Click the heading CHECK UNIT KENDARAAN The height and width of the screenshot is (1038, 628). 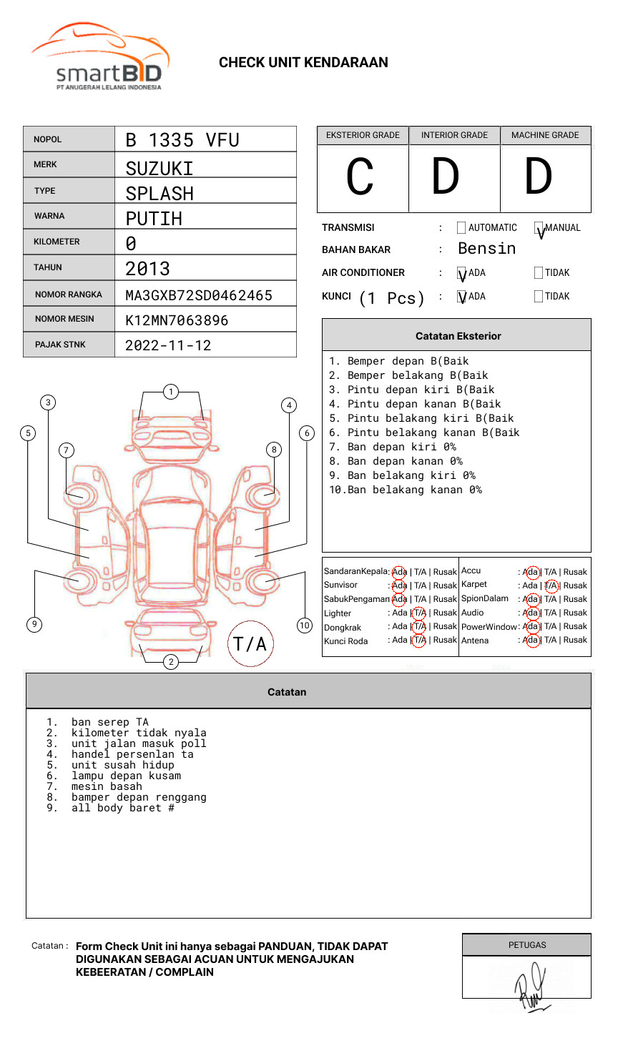click(303, 63)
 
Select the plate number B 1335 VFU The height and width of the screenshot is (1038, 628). click(182, 140)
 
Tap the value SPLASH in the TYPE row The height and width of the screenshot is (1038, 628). click(160, 194)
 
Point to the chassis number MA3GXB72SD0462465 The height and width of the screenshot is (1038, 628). click(199, 295)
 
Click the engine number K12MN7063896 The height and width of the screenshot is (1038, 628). click(177, 320)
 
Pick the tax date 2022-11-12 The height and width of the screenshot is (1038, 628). click(168, 345)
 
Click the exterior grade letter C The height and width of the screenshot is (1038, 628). click(360, 177)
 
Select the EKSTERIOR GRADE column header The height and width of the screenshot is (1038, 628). click(363, 135)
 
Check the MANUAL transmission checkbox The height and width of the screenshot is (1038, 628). click(539, 228)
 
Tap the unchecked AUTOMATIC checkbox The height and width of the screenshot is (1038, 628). click(461, 228)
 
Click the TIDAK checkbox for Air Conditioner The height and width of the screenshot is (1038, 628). click(539, 272)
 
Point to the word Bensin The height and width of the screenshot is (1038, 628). click(486, 249)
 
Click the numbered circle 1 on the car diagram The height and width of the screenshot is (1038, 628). click(170, 392)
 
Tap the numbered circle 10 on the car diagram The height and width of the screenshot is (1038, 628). click(305, 626)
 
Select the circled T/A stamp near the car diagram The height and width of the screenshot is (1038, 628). click(250, 643)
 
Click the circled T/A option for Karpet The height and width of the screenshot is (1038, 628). click(551, 585)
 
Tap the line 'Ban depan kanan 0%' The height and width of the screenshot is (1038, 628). click(405, 461)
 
